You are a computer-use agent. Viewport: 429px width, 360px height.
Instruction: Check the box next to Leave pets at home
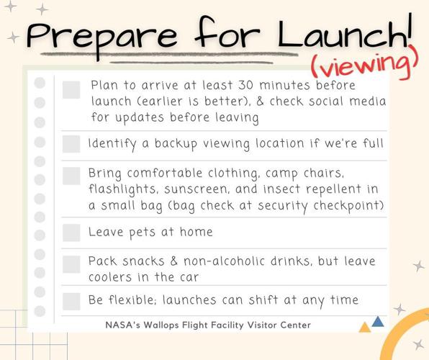point(71,233)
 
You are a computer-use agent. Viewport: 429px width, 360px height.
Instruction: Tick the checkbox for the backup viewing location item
point(71,144)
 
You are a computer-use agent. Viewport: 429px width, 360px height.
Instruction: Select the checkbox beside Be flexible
point(71,300)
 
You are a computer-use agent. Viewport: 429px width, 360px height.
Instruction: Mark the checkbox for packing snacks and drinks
point(71,264)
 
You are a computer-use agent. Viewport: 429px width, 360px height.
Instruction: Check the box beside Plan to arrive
point(71,89)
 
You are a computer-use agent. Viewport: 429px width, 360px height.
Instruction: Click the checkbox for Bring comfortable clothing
point(71,176)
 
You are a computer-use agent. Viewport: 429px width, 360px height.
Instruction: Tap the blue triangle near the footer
point(378,321)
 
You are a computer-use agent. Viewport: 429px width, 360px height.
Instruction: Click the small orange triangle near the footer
point(364,328)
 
